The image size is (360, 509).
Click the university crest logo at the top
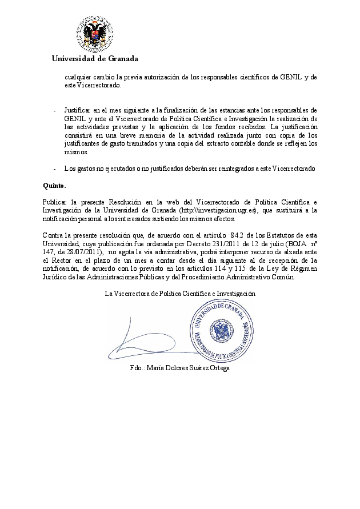(x=95, y=33)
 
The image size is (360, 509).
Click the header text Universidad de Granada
(x=95, y=58)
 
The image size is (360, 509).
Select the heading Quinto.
(x=54, y=186)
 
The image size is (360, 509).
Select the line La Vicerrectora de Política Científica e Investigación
(x=180, y=293)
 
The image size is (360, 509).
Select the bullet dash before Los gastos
(x=54, y=169)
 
